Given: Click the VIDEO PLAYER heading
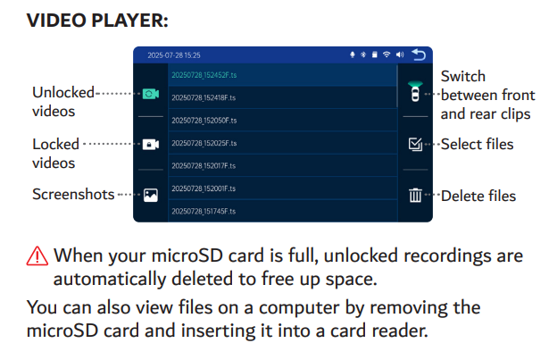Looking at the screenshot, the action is pos(97,21).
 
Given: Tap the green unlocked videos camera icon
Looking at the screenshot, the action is pos(151,94).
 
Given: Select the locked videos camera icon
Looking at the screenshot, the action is pos(151,144).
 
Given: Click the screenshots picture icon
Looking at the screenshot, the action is pos(151,196).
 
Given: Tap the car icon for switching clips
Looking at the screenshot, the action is pos(415,91).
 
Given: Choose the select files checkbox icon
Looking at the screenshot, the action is pos(415,144).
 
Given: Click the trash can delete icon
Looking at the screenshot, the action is pos(415,196).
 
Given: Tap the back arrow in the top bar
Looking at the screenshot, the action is pos(419,55).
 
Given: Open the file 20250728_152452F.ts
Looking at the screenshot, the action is pos(204,75).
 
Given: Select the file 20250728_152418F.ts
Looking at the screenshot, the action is pos(204,97).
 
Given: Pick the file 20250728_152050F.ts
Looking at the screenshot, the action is pos(204,121).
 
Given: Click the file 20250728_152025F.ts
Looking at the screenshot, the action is pos(204,143).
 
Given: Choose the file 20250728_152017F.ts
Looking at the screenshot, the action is pos(204,166).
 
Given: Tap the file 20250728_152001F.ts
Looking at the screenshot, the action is pos(204,188).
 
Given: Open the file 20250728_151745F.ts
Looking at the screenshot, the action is pos(204,211).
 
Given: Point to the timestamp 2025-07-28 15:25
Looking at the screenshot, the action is pos(174,55).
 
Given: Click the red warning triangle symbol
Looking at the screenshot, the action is pos(37,255).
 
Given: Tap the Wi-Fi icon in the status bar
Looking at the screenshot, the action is pos(387,54).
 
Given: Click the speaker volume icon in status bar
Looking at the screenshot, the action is pos(400,54).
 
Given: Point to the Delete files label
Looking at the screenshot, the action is pos(478,196).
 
